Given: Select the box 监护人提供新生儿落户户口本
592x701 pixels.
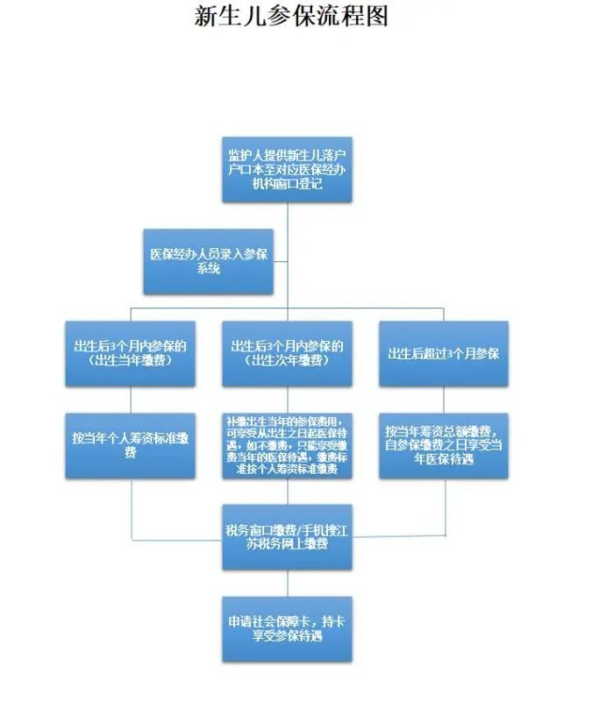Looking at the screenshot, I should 287,170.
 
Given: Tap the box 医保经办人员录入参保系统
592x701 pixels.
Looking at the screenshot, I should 208,261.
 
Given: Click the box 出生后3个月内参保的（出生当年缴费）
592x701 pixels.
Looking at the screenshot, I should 130,353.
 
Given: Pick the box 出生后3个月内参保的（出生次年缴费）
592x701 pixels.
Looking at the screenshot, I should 287,353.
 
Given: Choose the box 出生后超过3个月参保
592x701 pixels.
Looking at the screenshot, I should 443,353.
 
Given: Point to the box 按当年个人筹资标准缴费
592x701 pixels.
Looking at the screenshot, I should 130,445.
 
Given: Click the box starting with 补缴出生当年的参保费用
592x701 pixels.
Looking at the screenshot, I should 287,445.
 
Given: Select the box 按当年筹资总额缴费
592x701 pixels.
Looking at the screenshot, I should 443,445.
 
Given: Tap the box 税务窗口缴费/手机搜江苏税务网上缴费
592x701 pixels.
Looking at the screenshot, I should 287,537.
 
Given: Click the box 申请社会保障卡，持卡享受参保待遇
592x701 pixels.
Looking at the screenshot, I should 287,628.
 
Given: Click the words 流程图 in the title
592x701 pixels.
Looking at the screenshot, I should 354,16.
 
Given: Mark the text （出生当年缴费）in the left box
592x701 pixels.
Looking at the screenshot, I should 130,360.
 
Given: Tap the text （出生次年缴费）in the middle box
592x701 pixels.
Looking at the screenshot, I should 287,360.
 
